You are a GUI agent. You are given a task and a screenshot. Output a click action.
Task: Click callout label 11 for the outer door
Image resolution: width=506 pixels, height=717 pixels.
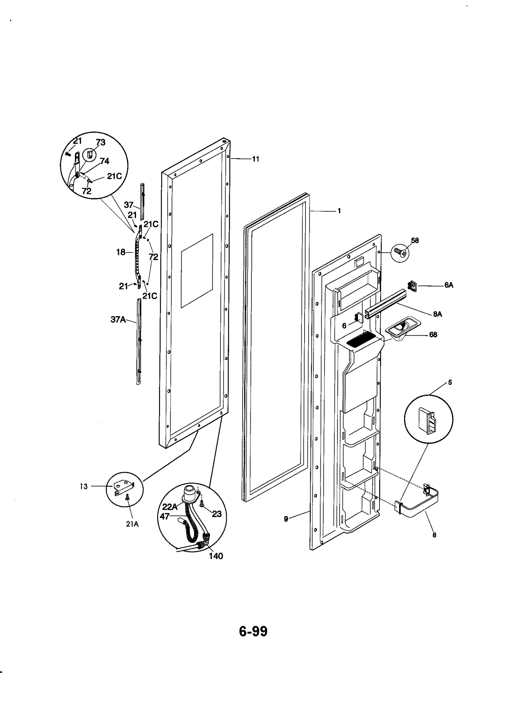pyautogui.click(x=256, y=159)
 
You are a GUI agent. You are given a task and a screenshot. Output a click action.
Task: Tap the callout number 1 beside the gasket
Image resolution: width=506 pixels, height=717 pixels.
pyautogui.click(x=339, y=211)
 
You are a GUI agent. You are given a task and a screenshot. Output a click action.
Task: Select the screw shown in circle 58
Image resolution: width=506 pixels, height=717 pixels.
pyautogui.click(x=399, y=252)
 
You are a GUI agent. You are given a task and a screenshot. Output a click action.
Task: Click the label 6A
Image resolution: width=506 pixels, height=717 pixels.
pyautogui.click(x=448, y=285)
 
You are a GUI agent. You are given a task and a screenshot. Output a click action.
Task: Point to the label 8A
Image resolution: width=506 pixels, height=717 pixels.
pyautogui.click(x=437, y=314)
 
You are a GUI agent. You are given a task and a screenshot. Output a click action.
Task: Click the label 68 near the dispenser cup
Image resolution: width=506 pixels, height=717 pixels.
pyautogui.click(x=433, y=334)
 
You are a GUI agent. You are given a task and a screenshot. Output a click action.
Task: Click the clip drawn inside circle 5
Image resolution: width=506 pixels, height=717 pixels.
pyautogui.click(x=427, y=421)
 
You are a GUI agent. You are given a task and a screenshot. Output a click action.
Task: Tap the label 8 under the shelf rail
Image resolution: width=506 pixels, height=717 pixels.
pyautogui.click(x=434, y=535)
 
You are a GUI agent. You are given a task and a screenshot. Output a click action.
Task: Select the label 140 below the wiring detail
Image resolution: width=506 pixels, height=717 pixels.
pyautogui.click(x=216, y=556)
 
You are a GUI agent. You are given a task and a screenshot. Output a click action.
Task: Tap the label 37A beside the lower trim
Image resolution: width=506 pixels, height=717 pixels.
pyautogui.click(x=118, y=320)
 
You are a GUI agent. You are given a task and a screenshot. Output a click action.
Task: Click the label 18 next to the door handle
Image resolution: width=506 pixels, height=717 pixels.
pyautogui.click(x=121, y=252)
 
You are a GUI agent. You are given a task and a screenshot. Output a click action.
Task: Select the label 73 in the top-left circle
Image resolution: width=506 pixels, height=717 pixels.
pyautogui.click(x=101, y=142)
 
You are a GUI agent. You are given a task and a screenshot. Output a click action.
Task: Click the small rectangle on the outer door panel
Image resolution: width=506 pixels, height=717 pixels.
pyautogui.click(x=197, y=271)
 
